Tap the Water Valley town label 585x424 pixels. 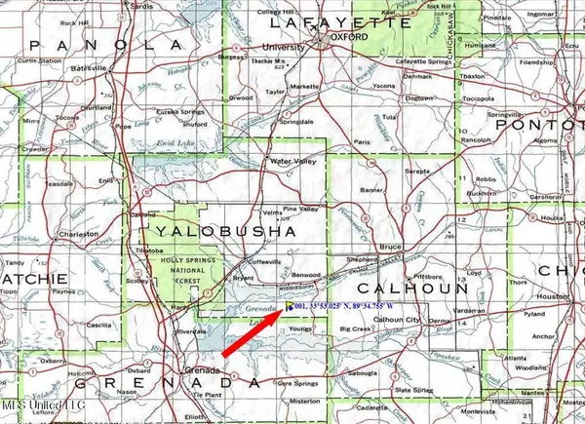click(296, 160)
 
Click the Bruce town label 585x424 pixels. click(391, 246)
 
